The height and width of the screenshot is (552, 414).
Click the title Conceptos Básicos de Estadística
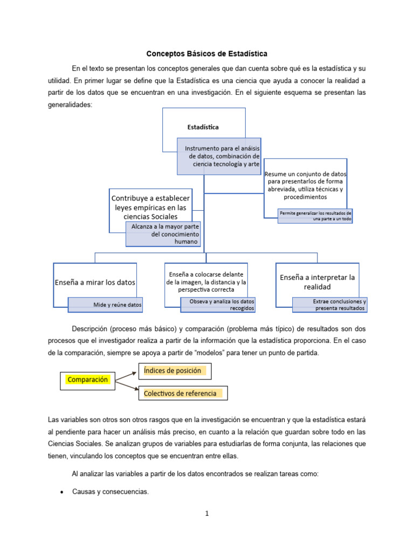pos(207,54)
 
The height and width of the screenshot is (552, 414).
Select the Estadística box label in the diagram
pos(203,127)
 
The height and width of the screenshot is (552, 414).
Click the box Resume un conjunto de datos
pos(305,185)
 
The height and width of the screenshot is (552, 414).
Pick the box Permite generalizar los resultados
pos(315,216)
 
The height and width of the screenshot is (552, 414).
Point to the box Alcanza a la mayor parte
pos(165,234)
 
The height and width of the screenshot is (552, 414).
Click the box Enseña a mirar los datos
pos(95,282)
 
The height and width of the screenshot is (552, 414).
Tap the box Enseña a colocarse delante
pos(206,282)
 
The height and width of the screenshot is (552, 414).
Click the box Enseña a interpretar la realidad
pos(317,281)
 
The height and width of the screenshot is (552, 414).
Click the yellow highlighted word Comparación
pos(87,379)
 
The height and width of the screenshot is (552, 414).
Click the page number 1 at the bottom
pos(206,514)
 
